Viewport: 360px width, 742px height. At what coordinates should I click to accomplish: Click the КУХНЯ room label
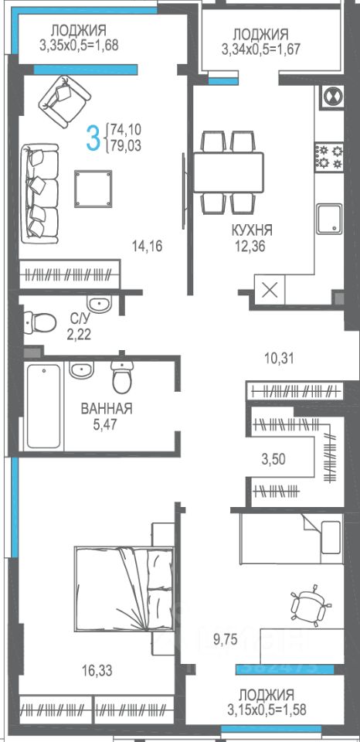click(252, 230)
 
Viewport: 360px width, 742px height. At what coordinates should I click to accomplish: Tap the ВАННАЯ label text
click(107, 409)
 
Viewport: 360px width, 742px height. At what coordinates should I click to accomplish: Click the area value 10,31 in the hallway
click(279, 359)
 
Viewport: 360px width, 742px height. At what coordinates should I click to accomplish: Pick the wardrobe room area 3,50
click(274, 458)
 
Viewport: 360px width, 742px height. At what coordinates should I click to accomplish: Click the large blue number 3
click(95, 136)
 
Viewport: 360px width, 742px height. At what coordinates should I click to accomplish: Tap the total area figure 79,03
click(126, 145)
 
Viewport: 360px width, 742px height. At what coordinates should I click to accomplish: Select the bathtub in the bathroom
click(43, 407)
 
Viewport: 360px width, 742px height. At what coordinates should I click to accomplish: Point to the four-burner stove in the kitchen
click(329, 157)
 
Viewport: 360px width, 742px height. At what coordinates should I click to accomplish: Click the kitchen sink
click(329, 219)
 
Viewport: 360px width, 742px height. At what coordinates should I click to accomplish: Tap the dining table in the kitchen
click(228, 172)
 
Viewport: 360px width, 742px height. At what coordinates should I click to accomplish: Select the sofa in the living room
click(39, 194)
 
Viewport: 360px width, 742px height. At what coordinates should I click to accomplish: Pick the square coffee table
click(93, 189)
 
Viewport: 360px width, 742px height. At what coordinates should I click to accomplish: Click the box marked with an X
click(270, 290)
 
